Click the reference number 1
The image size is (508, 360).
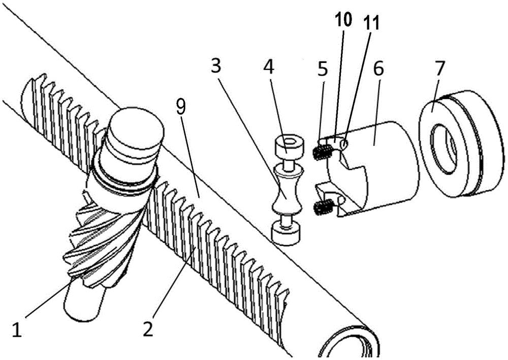17,331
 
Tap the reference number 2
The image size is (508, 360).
148,329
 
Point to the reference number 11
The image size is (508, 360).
373,22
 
